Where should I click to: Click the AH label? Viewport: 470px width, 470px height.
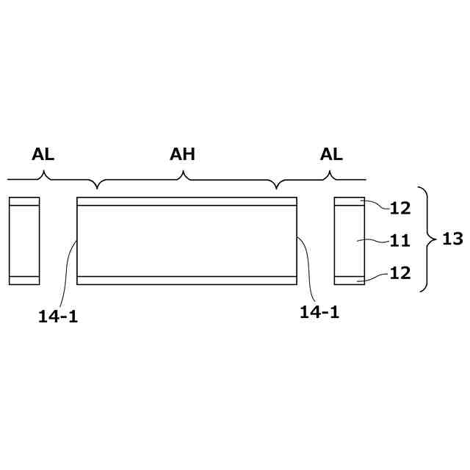tap(182, 154)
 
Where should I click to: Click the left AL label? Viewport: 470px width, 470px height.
tap(43, 154)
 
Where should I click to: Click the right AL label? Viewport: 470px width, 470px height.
tap(331, 154)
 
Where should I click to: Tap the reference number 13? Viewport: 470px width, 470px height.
tap(452, 239)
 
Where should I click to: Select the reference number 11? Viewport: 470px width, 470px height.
tap(399, 241)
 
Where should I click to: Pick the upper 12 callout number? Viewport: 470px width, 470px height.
tap(399, 209)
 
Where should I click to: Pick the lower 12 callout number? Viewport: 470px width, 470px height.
tap(399, 273)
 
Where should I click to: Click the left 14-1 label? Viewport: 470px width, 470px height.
tap(58, 317)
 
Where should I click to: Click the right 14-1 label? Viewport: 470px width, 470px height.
tap(319, 312)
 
